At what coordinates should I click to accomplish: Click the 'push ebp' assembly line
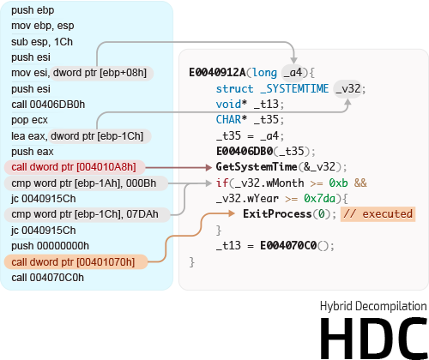click(x=33, y=10)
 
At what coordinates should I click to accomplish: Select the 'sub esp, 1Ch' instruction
click(x=42, y=42)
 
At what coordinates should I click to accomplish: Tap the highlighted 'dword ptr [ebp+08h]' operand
click(x=100, y=73)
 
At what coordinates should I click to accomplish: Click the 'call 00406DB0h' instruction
click(x=48, y=105)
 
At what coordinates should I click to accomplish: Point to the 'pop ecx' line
click(x=29, y=120)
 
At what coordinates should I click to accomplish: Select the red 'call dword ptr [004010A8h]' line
click(x=74, y=167)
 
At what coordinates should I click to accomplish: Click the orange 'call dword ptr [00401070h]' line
click(x=73, y=262)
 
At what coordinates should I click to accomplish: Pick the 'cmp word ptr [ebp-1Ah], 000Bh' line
click(x=84, y=183)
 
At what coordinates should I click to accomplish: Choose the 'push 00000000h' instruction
click(x=50, y=246)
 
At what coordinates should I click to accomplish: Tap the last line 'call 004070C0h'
click(x=48, y=278)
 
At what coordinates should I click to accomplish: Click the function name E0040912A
click(x=217, y=73)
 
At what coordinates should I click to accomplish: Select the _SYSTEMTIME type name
click(x=294, y=88)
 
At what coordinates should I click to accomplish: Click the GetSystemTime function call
click(x=257, y=167)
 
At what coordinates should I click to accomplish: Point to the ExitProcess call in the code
click(x=277, y=214)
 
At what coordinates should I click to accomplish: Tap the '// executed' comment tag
click(x=378, y=214)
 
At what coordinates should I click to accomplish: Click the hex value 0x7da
click(x=319, y=198)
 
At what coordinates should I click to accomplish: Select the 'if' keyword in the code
click(x=221, y=183)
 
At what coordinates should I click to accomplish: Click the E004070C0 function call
click(x=288, y=245)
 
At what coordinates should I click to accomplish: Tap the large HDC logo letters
click(x=374, y=338)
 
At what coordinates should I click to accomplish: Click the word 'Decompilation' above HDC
click(x=391, y=306)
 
